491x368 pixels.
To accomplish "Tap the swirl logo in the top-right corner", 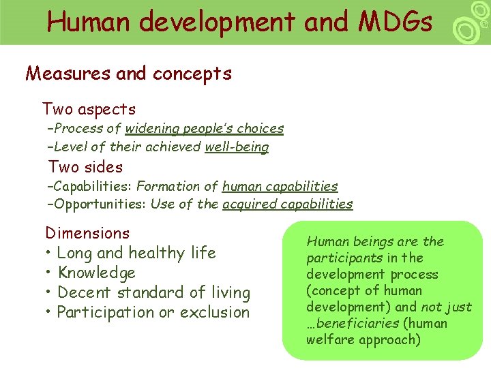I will click(471, 23).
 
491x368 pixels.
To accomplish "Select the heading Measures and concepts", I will click(128, 74).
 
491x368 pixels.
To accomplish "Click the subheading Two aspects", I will click(89, 109).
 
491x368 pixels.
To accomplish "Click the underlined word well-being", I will click(237, 147).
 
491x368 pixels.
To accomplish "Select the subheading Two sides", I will click(85, 167).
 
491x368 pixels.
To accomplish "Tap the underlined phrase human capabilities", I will click(280, 186).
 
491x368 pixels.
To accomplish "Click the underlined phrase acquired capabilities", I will click(287, 204).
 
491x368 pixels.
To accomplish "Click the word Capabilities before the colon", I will click(93, 186).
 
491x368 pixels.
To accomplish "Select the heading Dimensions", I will click(87, 233).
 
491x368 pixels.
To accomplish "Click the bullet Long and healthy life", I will click(136, 253).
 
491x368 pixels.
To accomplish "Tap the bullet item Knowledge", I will click(96, 273).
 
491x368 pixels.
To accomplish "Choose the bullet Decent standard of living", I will click(153, 292).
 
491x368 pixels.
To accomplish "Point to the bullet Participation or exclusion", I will click(153, 312).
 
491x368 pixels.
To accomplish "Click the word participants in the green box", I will click(344, 258).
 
